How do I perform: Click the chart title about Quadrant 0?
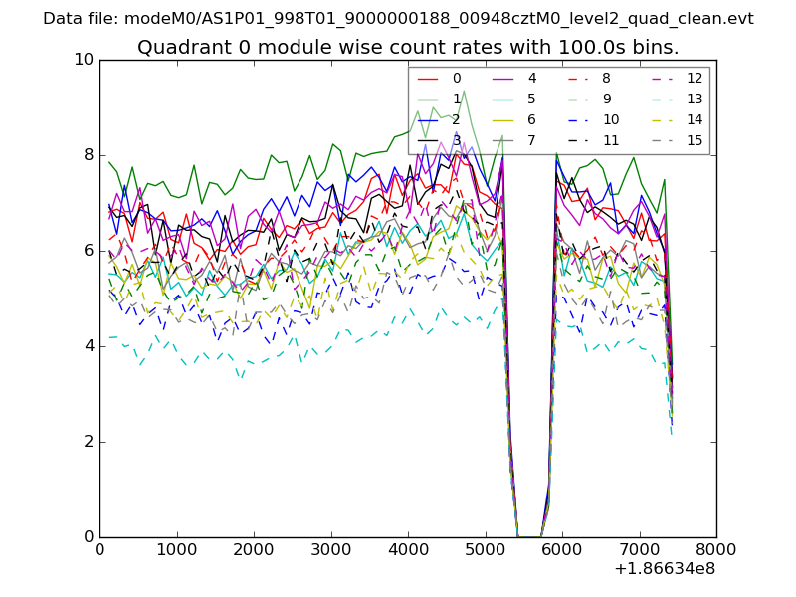click(408, 47)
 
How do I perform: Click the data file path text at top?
click(398, 19)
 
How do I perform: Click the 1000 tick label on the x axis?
click(176, 549)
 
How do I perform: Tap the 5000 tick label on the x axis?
click(485, 549)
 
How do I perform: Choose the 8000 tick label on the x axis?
click(716, 549)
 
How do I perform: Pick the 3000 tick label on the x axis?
click(330, 549)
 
